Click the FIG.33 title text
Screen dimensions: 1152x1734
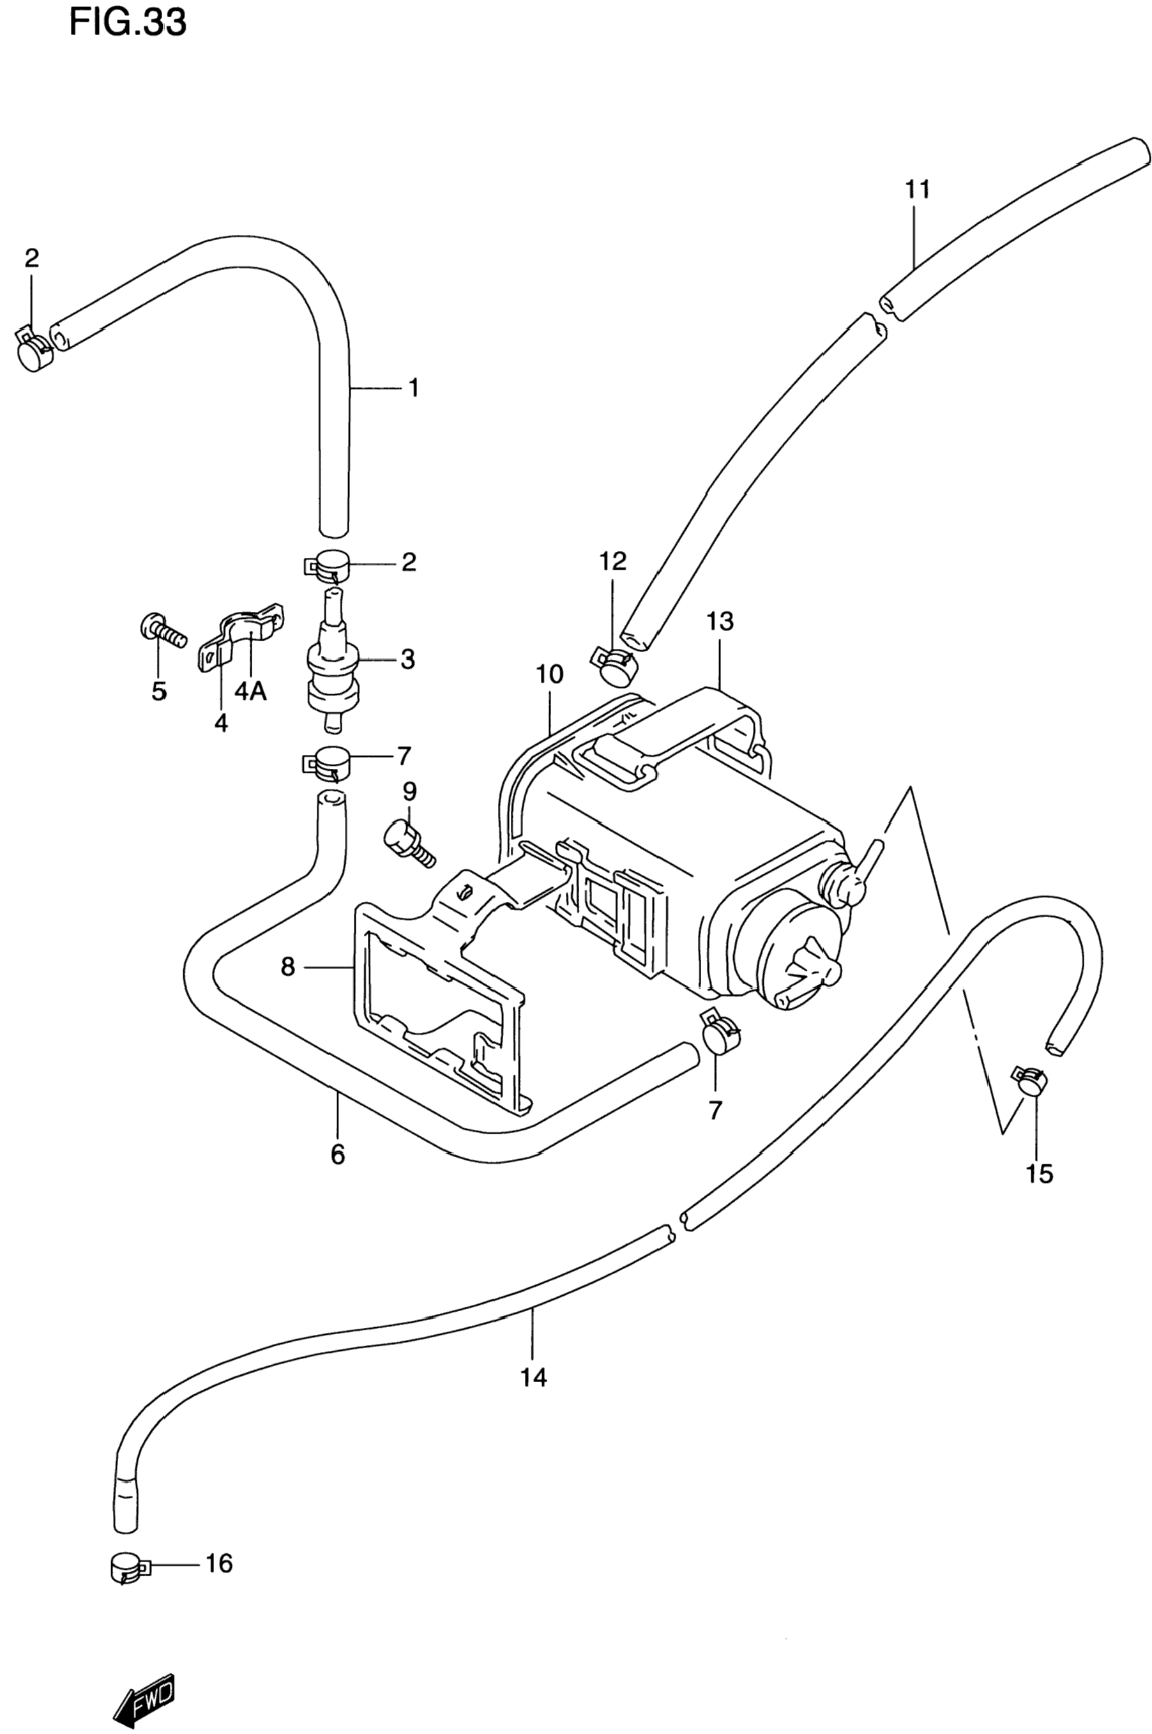click(128, 24)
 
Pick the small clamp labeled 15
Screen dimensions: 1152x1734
click(1029, 1081)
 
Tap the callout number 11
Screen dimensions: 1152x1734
click(918, 190)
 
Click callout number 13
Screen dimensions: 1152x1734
click(720, 621)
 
